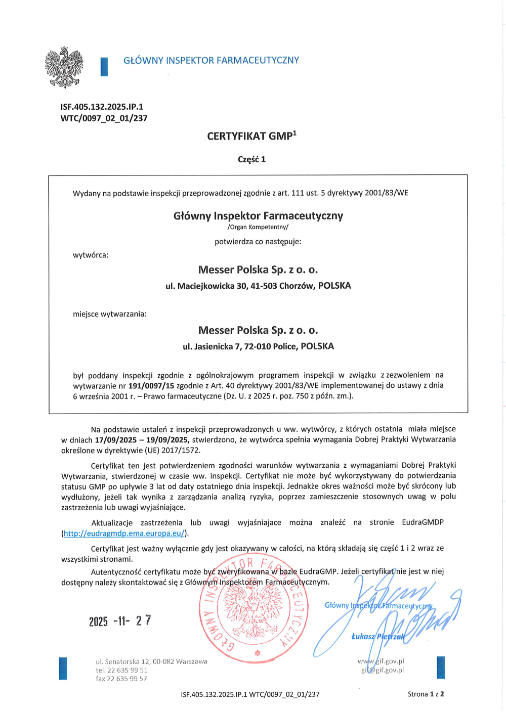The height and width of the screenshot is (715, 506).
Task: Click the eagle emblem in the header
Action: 64,67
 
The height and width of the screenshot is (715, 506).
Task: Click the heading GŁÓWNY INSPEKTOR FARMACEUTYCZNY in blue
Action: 211,61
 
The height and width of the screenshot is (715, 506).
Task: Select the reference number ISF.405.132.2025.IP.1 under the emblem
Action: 102,107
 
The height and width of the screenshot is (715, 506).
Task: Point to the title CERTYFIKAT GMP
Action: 251,136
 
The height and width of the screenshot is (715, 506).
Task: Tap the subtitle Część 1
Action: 251,159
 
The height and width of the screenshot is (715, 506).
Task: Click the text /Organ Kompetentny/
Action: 258,227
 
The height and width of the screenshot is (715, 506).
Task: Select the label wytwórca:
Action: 91,255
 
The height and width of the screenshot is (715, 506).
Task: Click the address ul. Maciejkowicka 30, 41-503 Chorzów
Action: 258,286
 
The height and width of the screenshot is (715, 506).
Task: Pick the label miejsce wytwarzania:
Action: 110,314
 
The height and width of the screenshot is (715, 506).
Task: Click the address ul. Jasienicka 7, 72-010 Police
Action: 258,346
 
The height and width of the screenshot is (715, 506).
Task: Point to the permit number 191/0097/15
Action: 151,385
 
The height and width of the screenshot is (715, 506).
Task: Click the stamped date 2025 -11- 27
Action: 120,621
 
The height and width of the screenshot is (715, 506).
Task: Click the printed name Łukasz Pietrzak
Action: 378,637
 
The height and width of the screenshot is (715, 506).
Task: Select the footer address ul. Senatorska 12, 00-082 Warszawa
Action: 151,661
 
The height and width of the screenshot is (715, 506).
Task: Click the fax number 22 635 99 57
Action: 121,679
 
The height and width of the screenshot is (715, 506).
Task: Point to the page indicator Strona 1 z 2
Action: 426,694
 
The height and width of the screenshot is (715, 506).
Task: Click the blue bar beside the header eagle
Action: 104,67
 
